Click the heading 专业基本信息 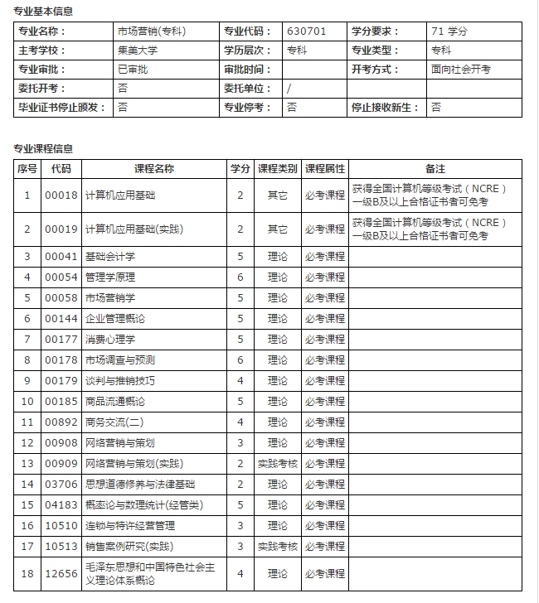(42, 12)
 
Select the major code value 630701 (307, 31)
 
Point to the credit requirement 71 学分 (449, 31)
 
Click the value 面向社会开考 (461, 70)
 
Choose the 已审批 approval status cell (133, 70)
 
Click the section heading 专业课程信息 (42, 149)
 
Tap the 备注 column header (435, 168)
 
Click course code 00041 (61, 257)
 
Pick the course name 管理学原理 (110, 277)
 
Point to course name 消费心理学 (110, 340)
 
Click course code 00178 (61, 360)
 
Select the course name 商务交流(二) (114, 422)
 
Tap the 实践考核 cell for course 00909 (277, 464)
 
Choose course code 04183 (61, 505)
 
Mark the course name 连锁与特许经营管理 (130, 526)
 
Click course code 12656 (61, 573)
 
